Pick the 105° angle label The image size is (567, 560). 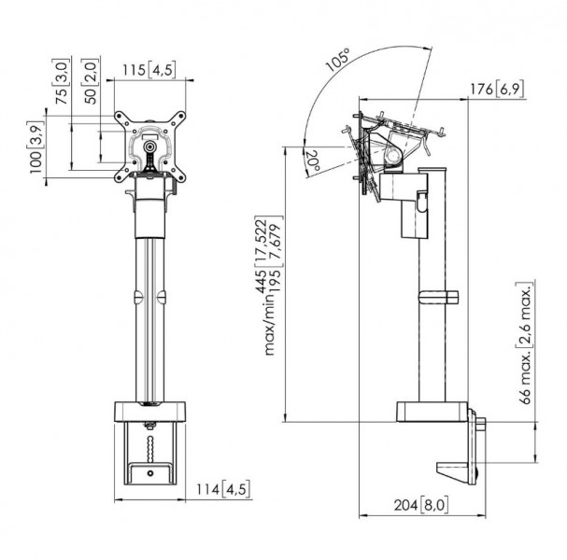[338, 59]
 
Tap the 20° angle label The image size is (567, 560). [313, 161]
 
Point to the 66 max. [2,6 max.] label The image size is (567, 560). [525, 343]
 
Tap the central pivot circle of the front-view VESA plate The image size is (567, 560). [149, 147]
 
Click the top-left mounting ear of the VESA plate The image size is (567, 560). [120, 118]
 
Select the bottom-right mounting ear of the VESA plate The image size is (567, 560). [179, 176]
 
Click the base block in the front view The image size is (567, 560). [149, 412]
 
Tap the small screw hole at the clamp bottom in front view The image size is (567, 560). [150, 473]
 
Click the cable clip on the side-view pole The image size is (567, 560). [438, 298]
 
